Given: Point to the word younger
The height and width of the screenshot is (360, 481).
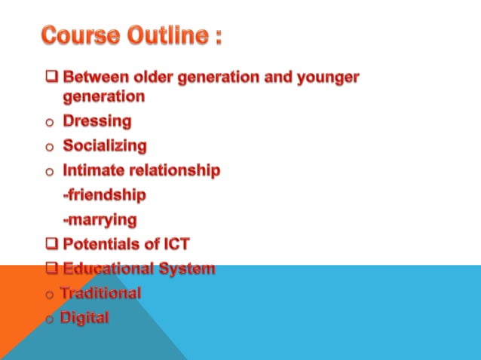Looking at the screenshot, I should tap(326, 78).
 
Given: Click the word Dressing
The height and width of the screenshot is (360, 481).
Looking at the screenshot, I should tap(97, 121).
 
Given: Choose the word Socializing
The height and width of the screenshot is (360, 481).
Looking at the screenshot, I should tap(105, 145).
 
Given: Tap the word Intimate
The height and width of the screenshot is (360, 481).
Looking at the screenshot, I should tap(95, 170).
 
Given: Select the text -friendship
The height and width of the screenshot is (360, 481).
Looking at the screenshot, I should tap(104, 195).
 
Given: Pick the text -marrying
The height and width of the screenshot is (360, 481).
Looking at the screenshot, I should tap(100, 220).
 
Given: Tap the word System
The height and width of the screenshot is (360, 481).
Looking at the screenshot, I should tap(189, 269).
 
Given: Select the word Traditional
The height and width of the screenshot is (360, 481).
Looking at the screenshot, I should tap(102, 293).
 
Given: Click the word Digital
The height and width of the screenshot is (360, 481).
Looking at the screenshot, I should tap(86, 318).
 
